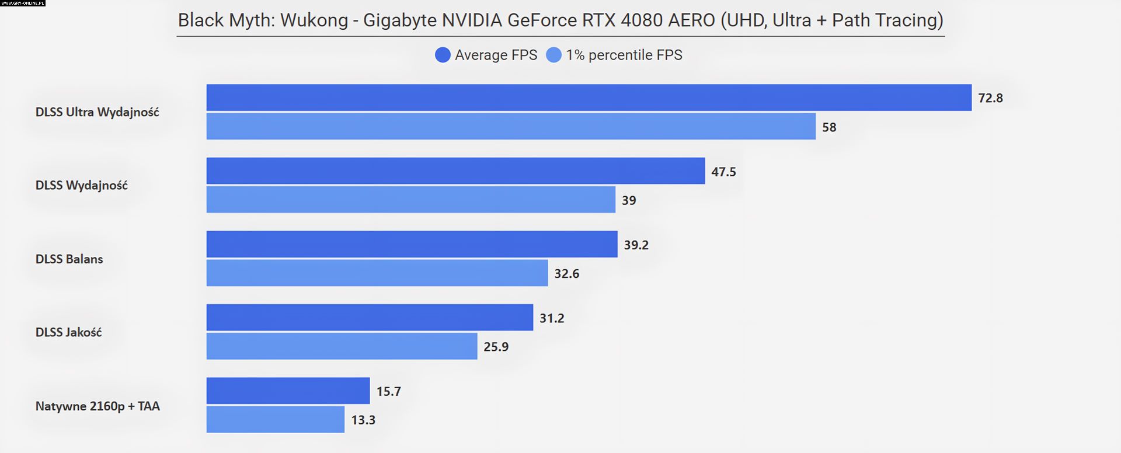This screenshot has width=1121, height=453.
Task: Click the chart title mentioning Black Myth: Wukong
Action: pos(560,20)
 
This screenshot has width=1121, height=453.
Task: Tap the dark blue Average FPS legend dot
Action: pos(443,55)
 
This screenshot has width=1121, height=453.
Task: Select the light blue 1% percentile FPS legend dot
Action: pos(553,55)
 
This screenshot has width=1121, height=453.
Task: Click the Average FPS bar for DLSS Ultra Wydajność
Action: pos(589,97)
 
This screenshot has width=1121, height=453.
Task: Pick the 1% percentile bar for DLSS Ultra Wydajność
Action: pos(511,127)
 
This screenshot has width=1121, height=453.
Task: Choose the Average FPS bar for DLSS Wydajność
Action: pos(455,171)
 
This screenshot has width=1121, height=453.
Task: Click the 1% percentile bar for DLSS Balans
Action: pos(377,273)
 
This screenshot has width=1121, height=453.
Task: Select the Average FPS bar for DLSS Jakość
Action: pos(370,318)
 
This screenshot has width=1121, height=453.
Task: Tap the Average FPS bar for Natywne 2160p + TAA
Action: pos(288,391)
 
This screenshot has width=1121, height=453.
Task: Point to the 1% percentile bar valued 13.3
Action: pos(276,420)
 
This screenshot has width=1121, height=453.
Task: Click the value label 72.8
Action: pos(990,98)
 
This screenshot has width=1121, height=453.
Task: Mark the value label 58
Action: pos(829,127)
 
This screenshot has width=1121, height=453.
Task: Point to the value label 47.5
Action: pos(723,172)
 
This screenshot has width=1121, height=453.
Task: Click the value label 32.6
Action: pos(566,274)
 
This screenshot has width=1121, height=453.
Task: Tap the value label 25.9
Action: pos(496,347)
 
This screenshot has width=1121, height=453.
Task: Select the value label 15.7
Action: pos(388,391)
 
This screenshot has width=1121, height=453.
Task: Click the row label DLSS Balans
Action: pos(69,259)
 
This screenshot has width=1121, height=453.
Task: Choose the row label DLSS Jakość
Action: pos(68,332)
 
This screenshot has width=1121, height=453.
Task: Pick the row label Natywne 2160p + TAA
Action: pos(98,406)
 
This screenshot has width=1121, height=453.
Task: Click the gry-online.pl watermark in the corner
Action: pos(23,4)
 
